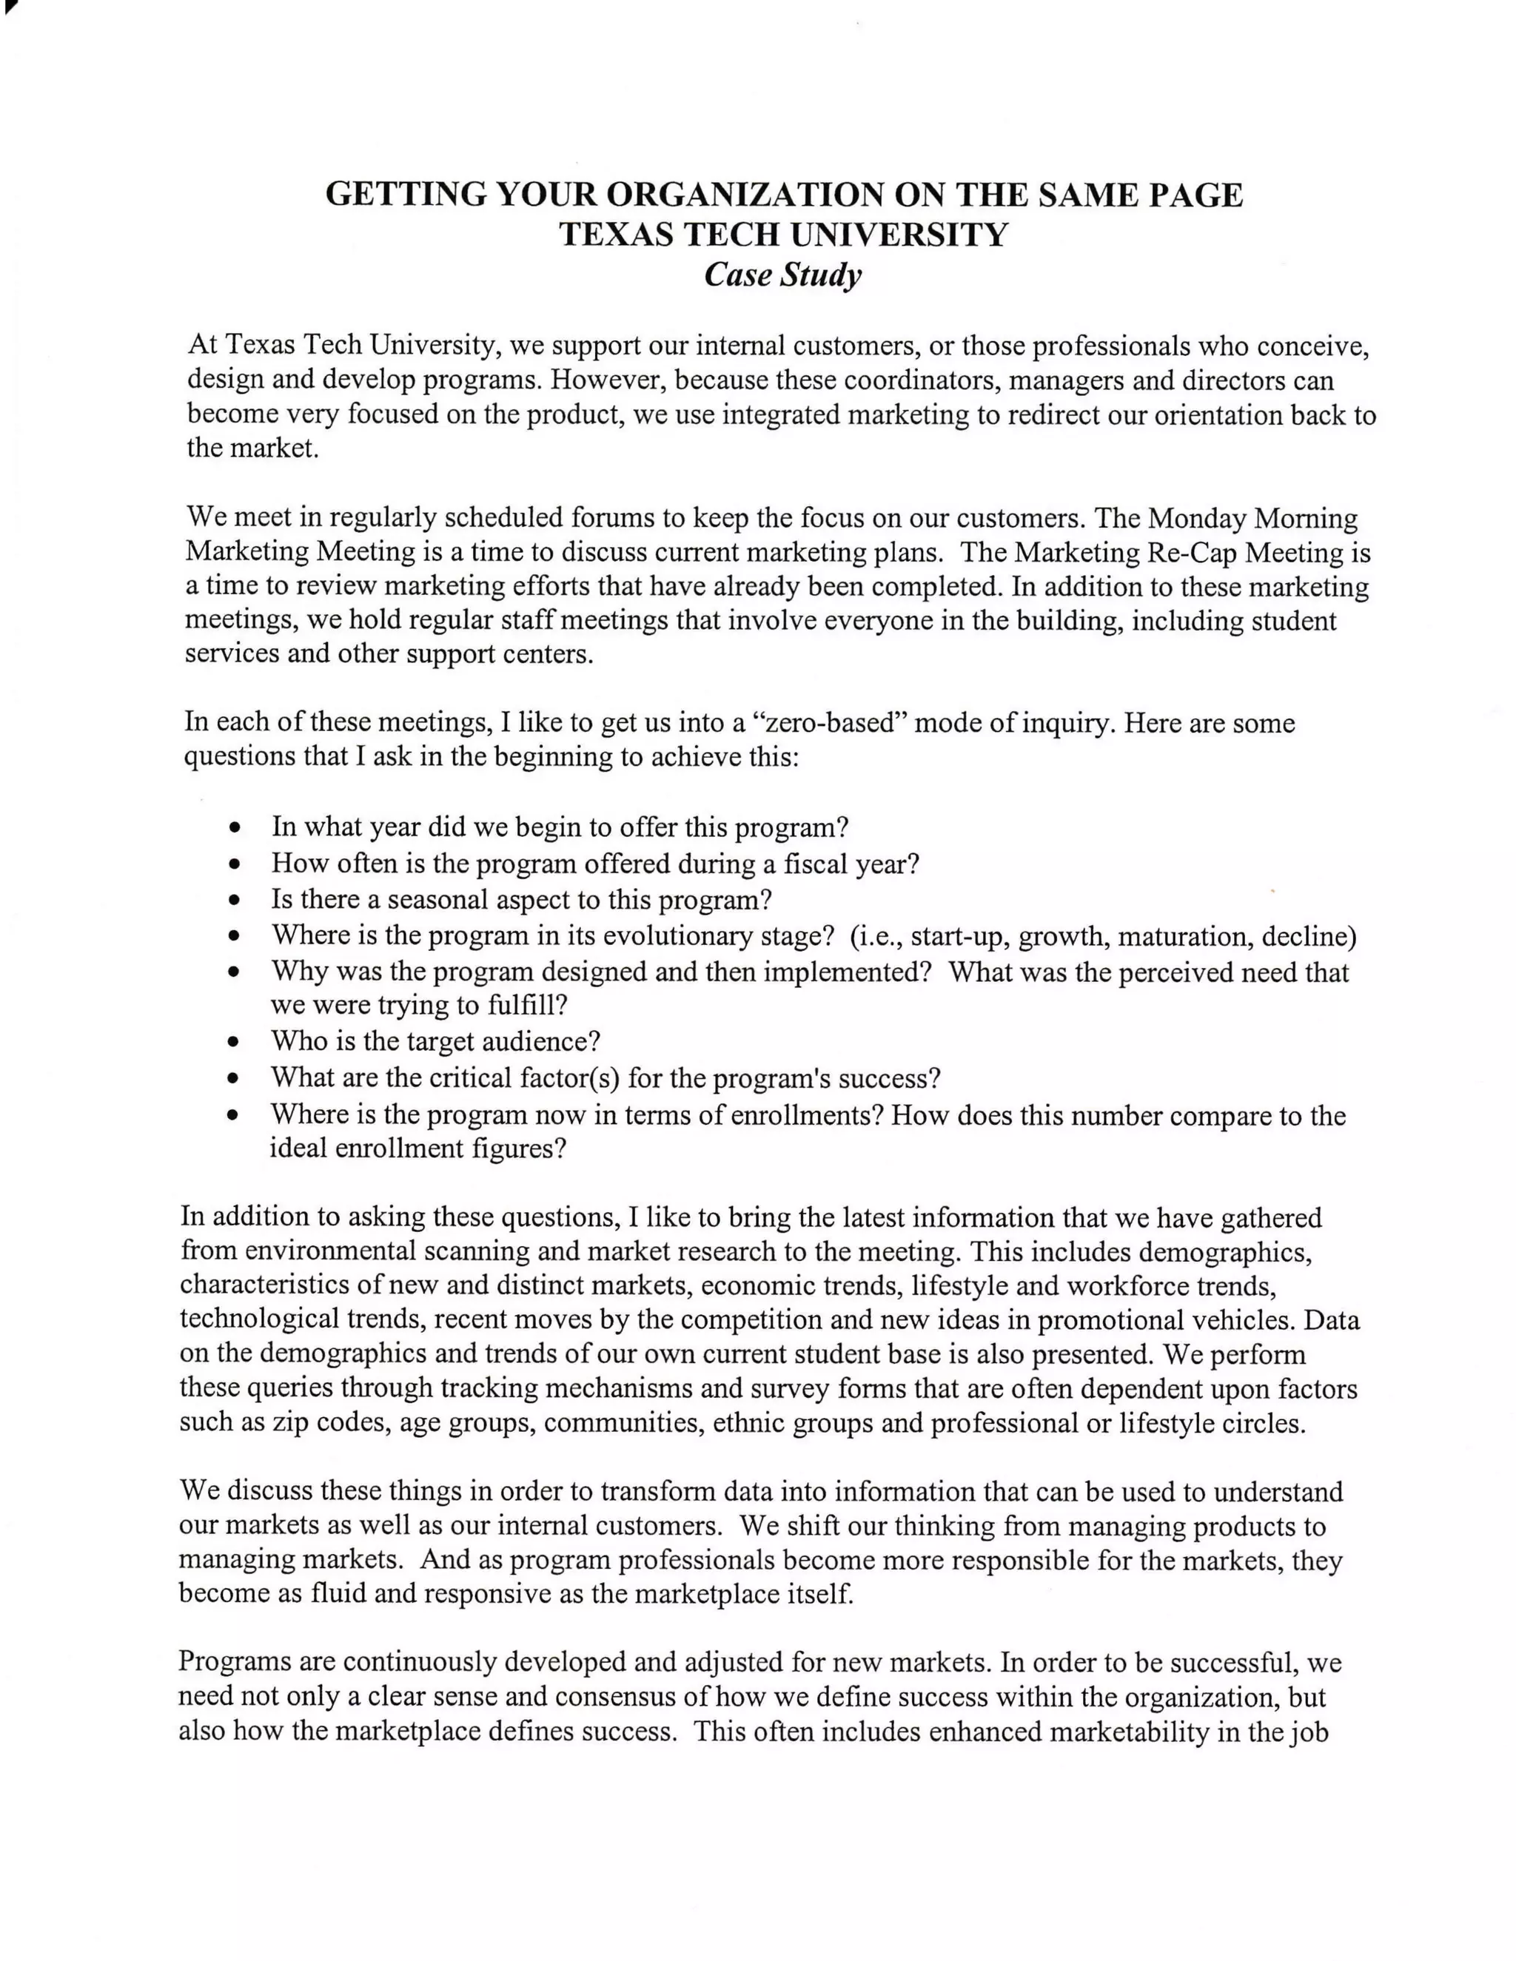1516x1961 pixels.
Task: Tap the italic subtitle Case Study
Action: click(782, 274)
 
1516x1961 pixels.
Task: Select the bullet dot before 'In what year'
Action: click(235, 827)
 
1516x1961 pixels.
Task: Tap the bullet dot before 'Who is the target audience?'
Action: click(235, 1043)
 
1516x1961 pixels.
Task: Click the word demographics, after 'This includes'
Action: click(1225, 1251)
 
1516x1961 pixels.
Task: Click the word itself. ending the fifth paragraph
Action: click(820, 1594)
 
